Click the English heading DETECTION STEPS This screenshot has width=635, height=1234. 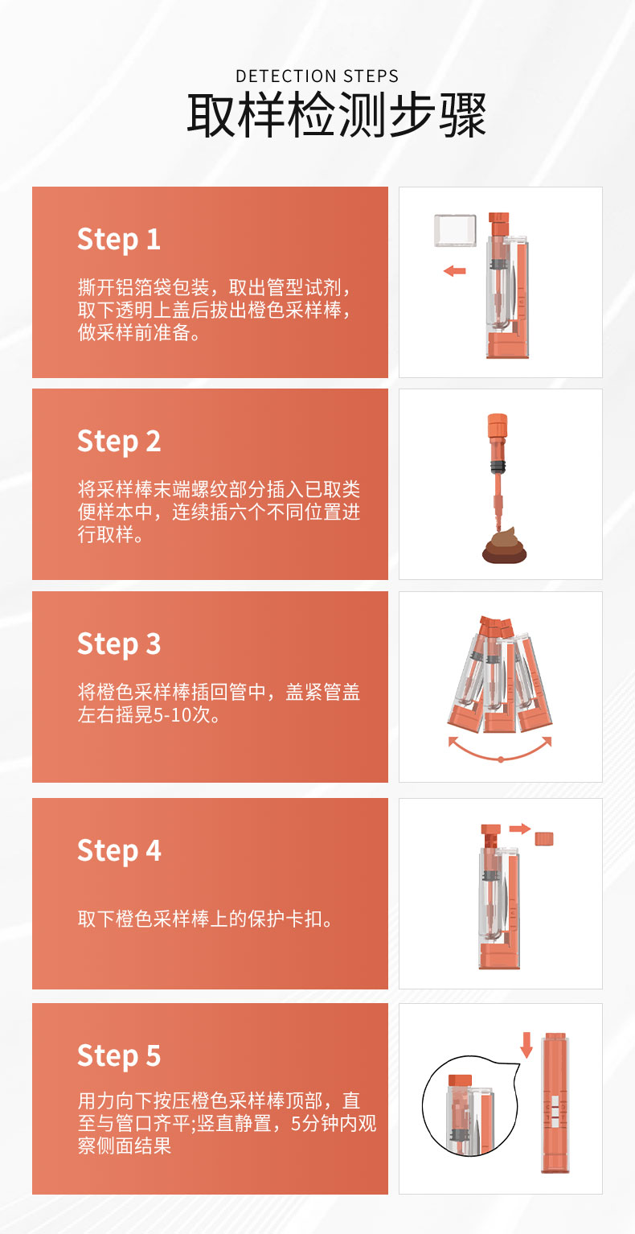coord(317,76)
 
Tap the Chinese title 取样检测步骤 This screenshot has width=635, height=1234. coord(336,115)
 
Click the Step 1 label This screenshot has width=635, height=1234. coord(119,241)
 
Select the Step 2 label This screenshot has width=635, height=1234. coord(119,442)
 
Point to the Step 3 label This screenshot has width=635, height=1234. coord(119,645)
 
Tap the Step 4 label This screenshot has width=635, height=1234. coord(119,852)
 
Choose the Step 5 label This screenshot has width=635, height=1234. coord(119,1057)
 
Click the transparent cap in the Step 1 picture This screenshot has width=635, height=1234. coord(455,231)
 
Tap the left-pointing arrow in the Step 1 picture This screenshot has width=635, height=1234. coord(454,271)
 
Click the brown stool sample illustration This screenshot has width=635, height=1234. coord(505,545)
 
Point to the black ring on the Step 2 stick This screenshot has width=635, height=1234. coord(498,467)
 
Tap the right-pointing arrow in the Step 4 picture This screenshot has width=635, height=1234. coord(519,829)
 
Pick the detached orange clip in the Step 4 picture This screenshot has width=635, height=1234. coord(544,839)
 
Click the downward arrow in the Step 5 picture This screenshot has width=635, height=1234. coord(526,1045)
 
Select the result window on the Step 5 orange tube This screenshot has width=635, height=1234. coord(555,1110)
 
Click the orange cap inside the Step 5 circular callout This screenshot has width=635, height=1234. coord(460,1081)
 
